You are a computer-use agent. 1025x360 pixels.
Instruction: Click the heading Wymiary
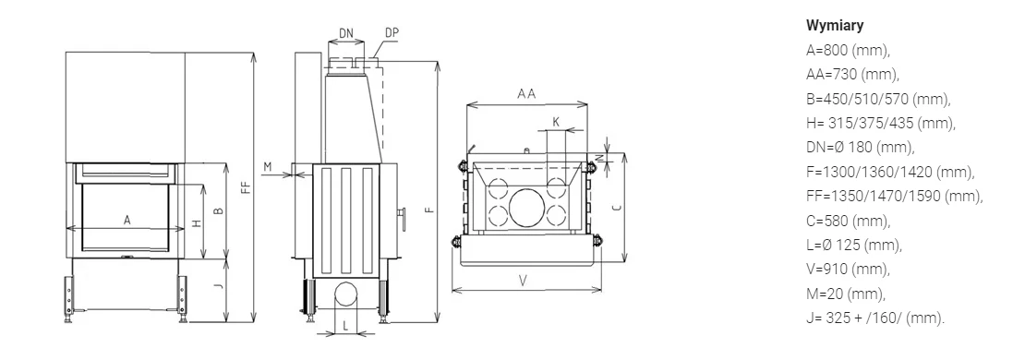835,26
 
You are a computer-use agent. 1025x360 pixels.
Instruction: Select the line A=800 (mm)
849,51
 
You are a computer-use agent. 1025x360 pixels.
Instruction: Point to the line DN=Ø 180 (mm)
861,148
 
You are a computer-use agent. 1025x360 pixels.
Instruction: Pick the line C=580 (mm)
849,221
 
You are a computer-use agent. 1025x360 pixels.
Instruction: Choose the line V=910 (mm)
849,270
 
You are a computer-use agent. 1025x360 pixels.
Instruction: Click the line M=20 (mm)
846,294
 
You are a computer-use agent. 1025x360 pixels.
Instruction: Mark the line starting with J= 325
875,318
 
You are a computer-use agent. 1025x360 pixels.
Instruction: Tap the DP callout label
392,32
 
